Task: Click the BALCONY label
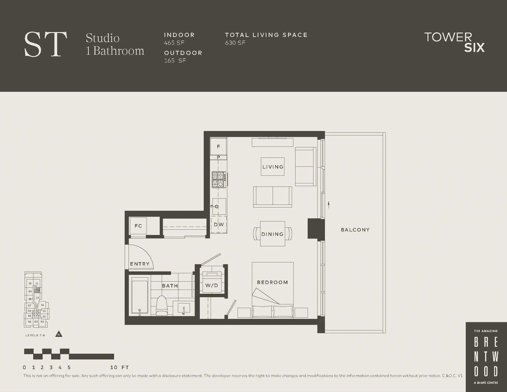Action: (x=355, y=230)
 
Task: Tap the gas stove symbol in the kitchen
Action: (x=219, y=180)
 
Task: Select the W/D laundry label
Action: (x=212, y=286)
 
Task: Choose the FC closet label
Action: (x=138, y=226)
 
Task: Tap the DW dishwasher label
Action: (x=219, y=225)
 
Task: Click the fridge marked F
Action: (x=218, y=146)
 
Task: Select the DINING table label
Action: (x=272, y=234)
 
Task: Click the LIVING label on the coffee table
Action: (x=273, y=167)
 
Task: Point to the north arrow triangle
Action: (x=59, y=334)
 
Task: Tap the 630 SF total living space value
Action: (x=235, y=43)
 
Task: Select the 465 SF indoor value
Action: (x=174, y=43)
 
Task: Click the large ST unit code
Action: (x=45, y=44)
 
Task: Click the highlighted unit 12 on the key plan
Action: (x=38, y=290)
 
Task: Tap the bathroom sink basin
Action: (x=184, y=309)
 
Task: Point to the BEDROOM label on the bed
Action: (x=272, y=282)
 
